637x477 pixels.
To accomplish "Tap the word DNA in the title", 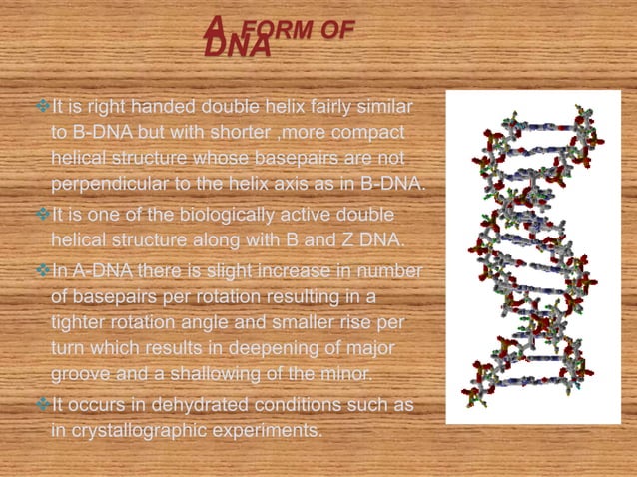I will coord(238,48).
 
